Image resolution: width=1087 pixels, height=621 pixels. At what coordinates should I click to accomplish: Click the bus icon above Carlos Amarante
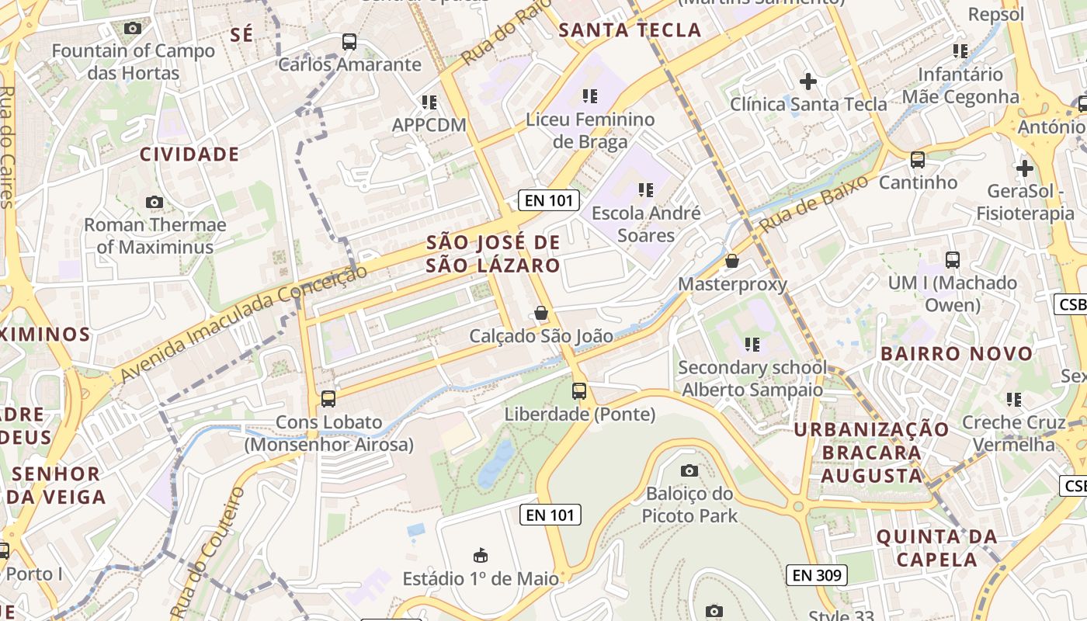coord(349,42)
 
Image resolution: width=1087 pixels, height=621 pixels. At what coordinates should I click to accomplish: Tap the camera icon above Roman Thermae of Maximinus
coord(155,203)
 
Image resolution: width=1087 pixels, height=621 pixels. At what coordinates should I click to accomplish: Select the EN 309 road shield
coord(817,575)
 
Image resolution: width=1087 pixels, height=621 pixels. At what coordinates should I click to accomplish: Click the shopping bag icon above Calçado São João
coord(541,314)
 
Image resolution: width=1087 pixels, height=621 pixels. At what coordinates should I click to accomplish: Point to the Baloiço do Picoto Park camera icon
coord(689,470)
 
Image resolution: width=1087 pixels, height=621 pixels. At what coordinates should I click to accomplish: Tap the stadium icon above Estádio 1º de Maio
coord(481,556)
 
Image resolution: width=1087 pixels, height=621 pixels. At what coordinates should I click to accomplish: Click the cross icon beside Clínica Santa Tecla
coord(808,81)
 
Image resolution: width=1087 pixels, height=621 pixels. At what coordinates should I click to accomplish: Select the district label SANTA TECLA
coord(630,30)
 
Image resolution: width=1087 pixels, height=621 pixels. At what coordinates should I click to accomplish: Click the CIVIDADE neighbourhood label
coord(189,154)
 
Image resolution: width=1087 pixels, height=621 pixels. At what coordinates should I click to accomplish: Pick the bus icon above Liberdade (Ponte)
coord(579,391)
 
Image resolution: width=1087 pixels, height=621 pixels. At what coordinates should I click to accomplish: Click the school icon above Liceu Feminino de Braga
coord(590,96)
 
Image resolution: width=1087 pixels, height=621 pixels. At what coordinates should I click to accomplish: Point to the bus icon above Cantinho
coord(918,160)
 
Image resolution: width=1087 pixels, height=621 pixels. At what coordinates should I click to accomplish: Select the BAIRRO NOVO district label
coord(957,354)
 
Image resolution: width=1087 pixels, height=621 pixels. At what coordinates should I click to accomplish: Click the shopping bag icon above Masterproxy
coord(731,261)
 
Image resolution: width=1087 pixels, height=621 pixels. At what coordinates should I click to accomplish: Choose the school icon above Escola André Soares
coord(645,189)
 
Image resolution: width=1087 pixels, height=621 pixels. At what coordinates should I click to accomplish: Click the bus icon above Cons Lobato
coord(328,399)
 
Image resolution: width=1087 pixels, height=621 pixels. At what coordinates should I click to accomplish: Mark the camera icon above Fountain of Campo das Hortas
coord(133,29)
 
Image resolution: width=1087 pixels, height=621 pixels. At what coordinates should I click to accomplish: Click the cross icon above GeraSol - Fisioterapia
coord(1024,168)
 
